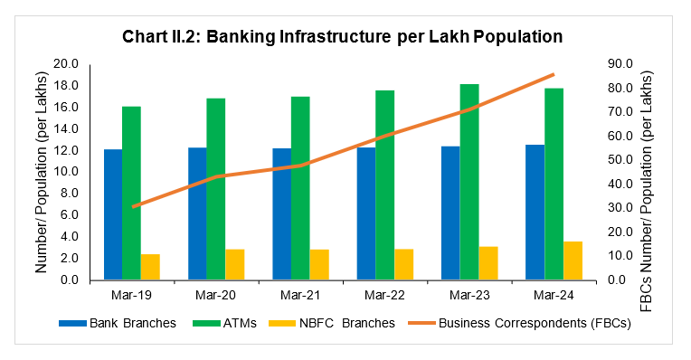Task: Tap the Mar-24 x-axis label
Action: pyautogui.click(x=554, y=294)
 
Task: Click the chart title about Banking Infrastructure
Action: pyautogui.click(x=344, y=36)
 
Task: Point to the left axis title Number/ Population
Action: pyautogui.click(x=42, y=172)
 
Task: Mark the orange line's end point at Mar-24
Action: pyautogui.click(x=553, y=74)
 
